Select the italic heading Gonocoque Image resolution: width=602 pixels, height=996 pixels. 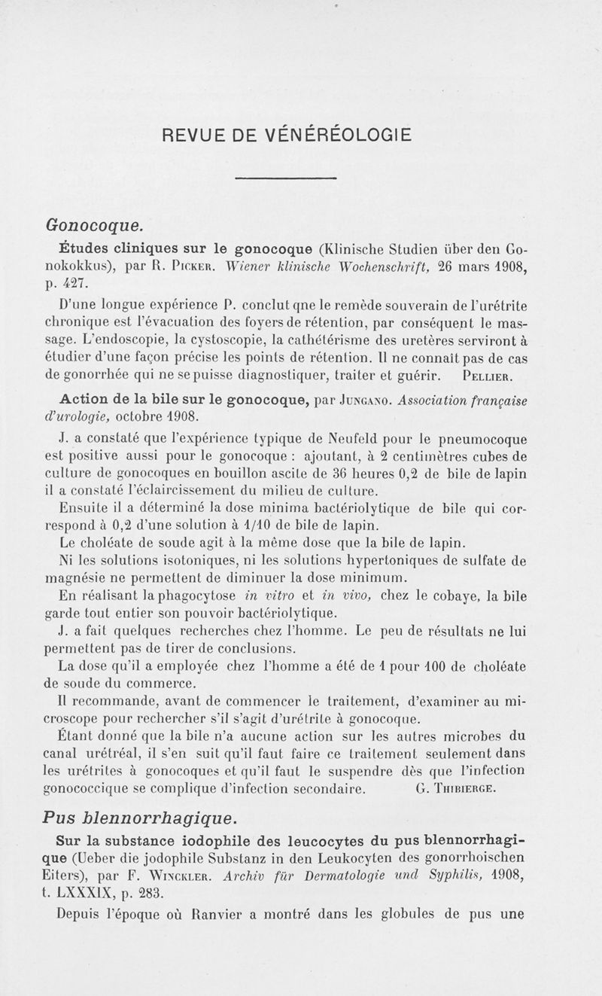point(95,224)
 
